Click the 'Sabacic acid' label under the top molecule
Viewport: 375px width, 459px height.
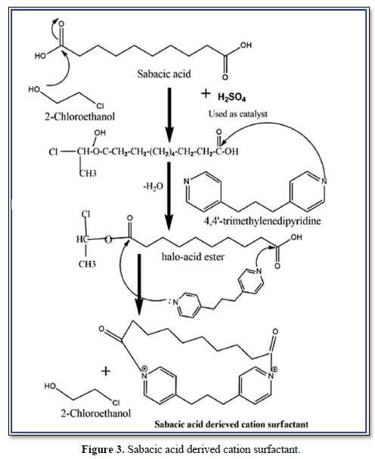click(164, 74)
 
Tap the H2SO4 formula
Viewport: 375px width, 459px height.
click(231, 98)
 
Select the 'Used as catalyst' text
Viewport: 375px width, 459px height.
click(237, 114)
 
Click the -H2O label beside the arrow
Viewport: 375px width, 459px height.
click(153, 186)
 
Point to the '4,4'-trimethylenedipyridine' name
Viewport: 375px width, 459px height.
click(262, 221)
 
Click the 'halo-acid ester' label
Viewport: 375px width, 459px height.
click(193, 257)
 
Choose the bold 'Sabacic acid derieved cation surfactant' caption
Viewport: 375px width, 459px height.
click(231, 424)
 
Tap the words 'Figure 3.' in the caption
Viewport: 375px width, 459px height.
click(104, 449)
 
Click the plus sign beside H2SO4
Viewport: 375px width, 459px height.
click(206, 94)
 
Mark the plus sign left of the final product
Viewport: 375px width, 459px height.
click(106, 371)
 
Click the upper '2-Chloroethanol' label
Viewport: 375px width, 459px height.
click(79, 116)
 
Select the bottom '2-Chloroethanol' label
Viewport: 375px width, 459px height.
click(96, 414)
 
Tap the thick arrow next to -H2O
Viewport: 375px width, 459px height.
click(169, 196)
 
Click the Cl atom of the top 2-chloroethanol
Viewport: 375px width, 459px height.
click(99, 105)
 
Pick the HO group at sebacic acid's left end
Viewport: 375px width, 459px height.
click(41, 56)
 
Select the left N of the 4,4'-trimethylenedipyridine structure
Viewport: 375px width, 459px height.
click(187, 181)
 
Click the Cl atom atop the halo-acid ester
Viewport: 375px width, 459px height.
click(85, 214)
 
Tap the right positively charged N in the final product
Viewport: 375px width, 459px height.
click(271, 374)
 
